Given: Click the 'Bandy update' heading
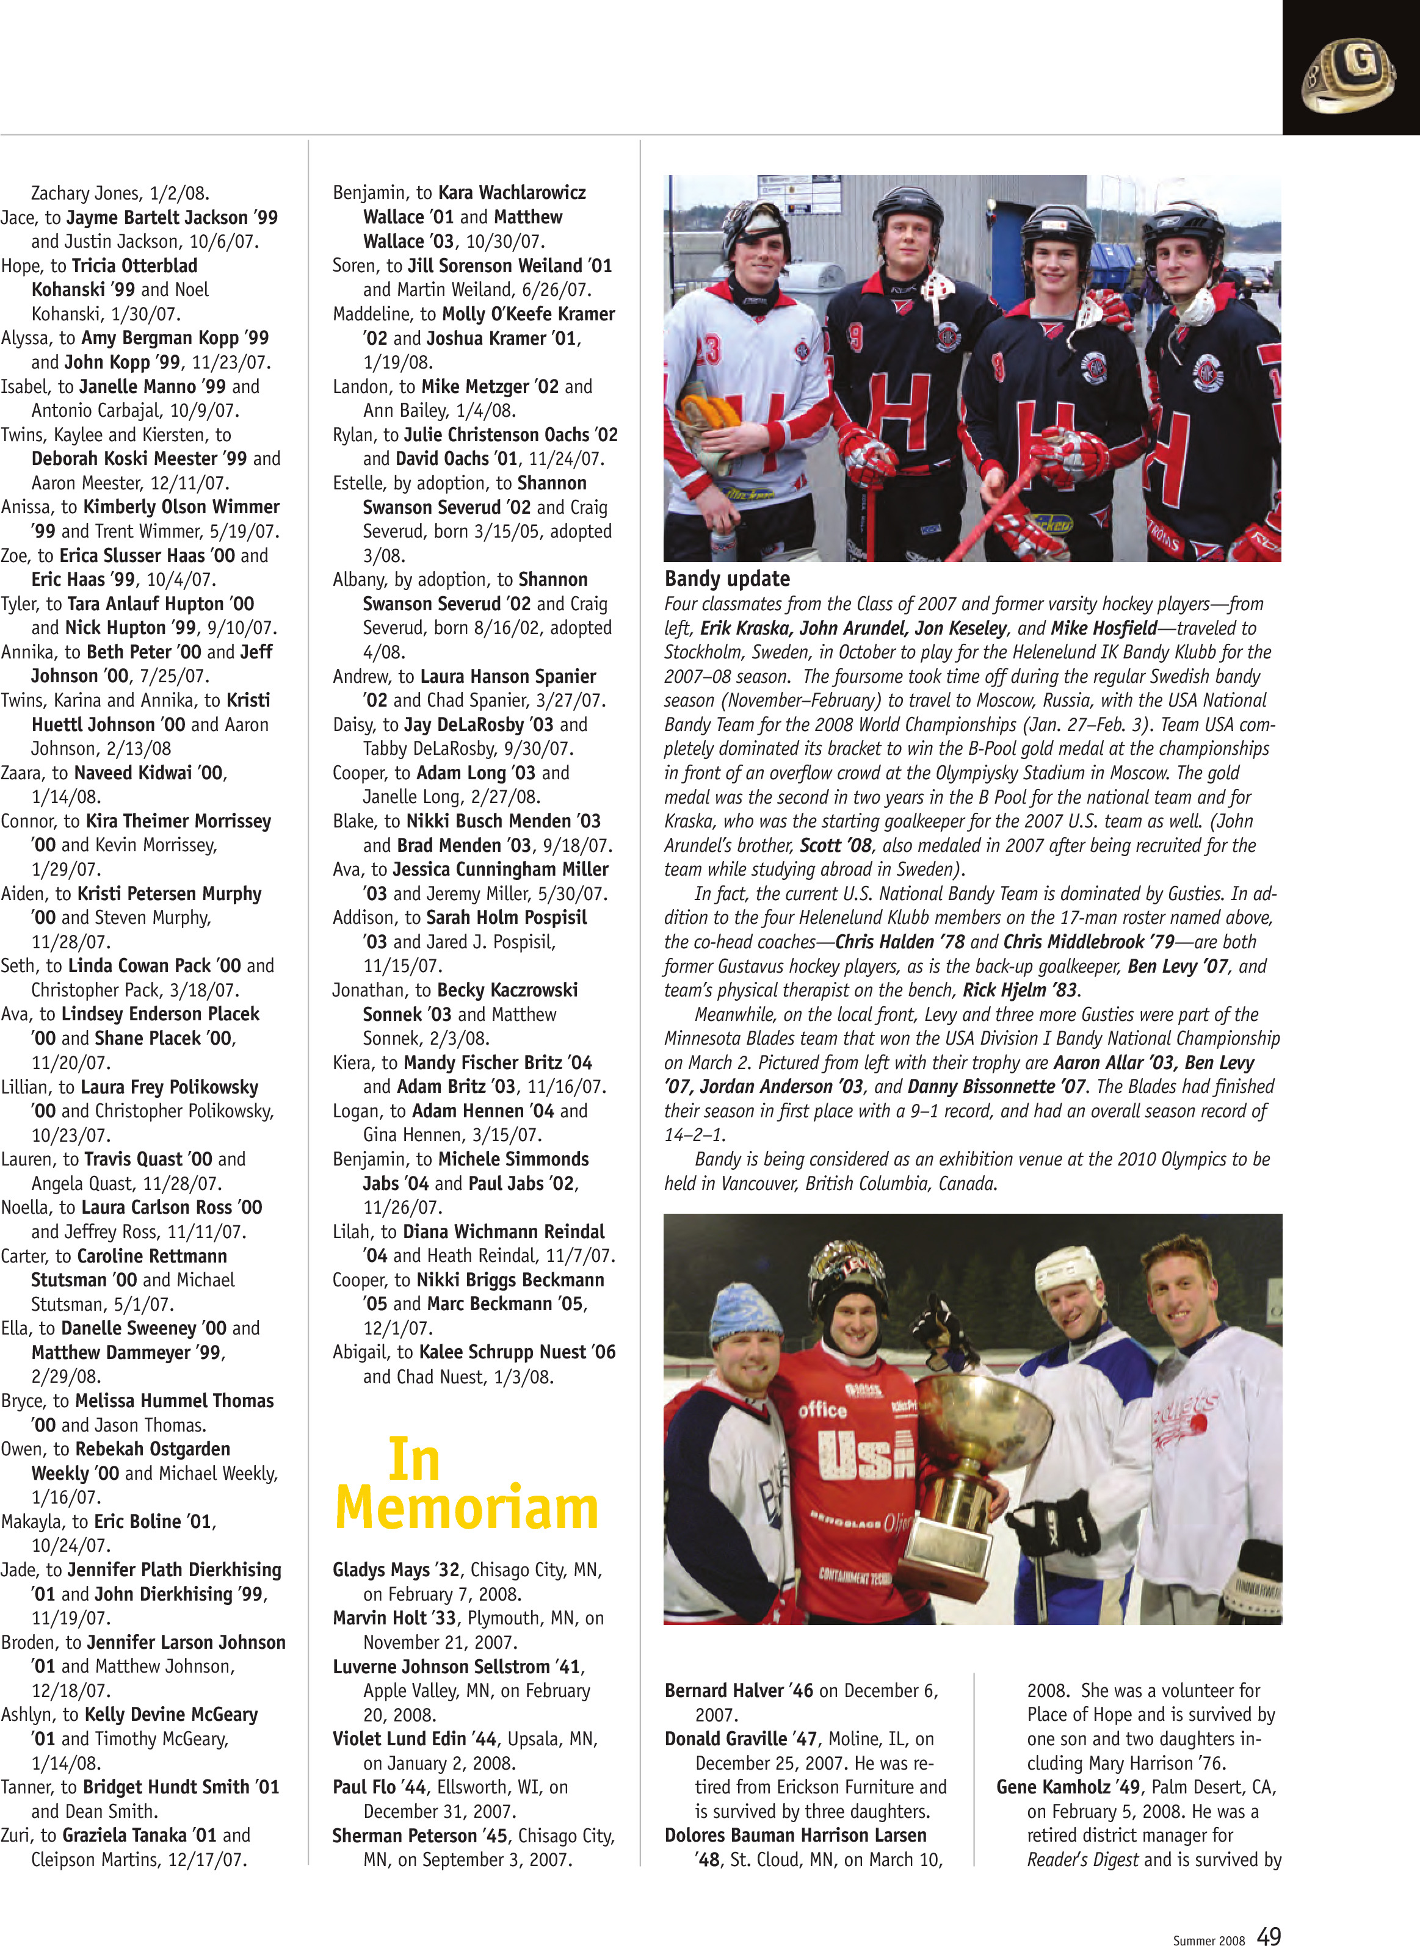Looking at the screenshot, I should [x=726, y=578].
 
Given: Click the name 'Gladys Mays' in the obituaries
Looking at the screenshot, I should [x=382, y=1569].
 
